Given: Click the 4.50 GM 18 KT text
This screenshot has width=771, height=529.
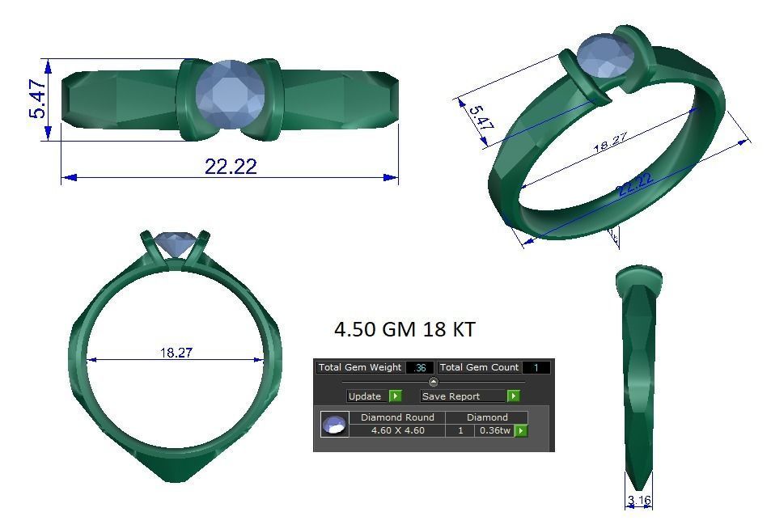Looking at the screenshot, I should click(x=405, y=330).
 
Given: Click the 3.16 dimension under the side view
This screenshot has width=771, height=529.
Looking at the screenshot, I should click(x=639, y=501).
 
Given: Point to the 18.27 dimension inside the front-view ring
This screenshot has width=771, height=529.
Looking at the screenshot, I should click(x=176, y=353).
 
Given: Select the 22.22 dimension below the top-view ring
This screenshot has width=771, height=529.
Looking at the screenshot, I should click(x=231, y=167).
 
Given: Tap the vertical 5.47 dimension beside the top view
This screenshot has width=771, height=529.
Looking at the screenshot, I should click(x=38, y=99).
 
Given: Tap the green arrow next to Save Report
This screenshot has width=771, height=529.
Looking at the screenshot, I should click(x=513, y=396).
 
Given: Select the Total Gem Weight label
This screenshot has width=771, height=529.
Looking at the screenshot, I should click(x=360, y=367).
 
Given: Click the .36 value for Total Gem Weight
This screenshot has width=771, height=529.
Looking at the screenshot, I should click(x=420, y=367).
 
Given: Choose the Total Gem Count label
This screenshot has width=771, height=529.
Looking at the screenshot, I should click(x=480, y=367).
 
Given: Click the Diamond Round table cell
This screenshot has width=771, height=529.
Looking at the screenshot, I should click(x=397, y=417).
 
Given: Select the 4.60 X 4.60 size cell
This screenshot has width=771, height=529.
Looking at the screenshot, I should click(x=397, y=430).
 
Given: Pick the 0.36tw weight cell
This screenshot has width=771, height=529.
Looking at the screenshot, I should click(x=494, y=430).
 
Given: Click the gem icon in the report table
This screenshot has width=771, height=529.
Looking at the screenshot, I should click(x=334, y=425).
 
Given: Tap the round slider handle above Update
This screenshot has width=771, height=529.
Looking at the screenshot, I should click(x=433, y=382).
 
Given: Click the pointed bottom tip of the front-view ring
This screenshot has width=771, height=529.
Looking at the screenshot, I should click(x=176, y=480).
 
